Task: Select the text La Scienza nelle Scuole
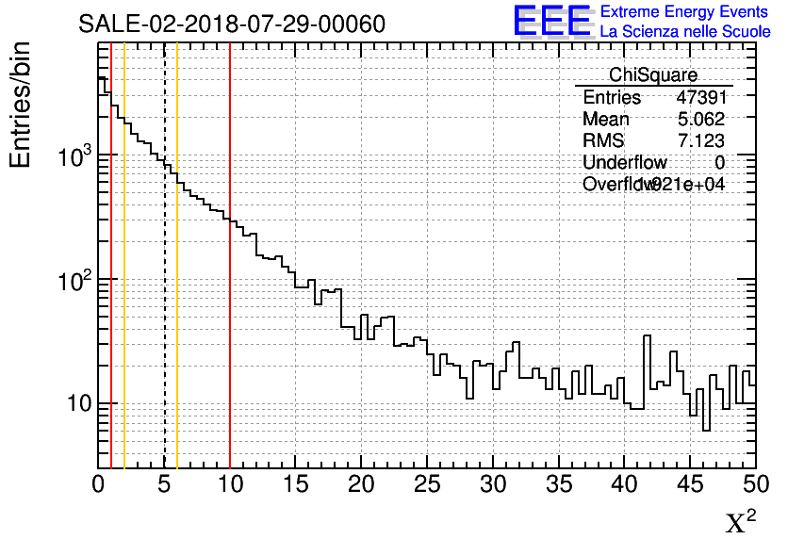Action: (x=684, y=31)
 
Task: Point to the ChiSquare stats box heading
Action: (x=653, y=74)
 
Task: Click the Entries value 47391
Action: (x=700, y=97)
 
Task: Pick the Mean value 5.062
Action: (x=700, y=119)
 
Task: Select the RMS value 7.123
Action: (x=700, y=140)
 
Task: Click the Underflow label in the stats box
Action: (x=624, y=162)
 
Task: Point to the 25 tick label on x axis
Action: (x=427, y=483)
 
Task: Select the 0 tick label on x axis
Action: (x=98, y=483)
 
